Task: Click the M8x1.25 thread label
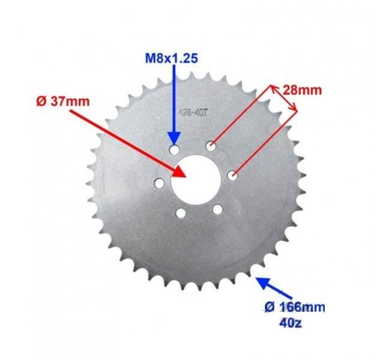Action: (x=172, y=58)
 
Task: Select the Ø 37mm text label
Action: (x=63, y=101)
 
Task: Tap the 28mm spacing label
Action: (x=302, y=91)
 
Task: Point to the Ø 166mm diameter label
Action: (x=295, y=307)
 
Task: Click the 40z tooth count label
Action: (x=291, y=323)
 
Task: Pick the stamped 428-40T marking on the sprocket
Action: (x=193, y=113)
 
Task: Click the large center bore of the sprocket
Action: (x=196, y=179)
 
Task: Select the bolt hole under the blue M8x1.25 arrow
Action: (x=175, y=150)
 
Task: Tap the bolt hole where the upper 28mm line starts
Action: (x=211, y=146)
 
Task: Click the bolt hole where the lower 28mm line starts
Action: (x=232, y=176)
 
